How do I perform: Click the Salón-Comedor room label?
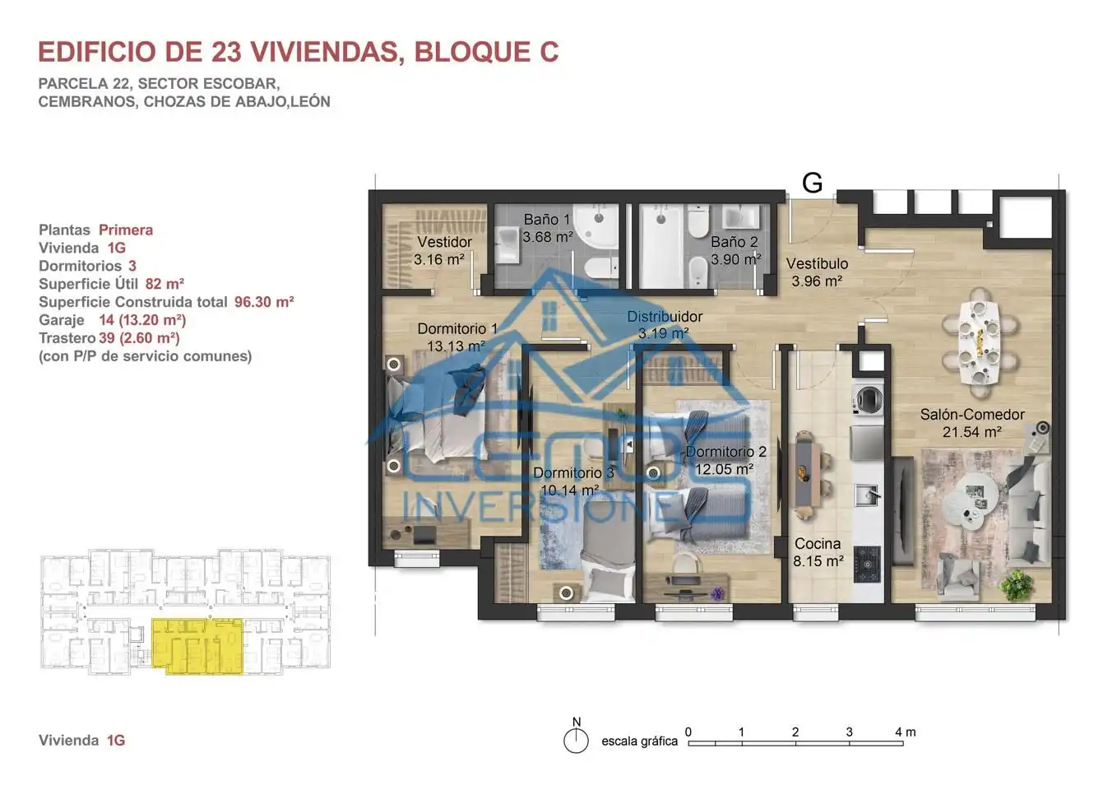point(972,415)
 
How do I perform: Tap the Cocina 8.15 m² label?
point(818,552)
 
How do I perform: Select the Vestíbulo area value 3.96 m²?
point(817,281)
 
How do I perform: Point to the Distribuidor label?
point(665,316)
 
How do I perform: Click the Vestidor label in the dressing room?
point(444,242)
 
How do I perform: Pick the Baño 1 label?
point(546,220)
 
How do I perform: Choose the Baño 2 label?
point(734,242)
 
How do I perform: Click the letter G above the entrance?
point(812,183)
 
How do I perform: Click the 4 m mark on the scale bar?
point(905,732)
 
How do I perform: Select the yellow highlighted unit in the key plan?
point(197,646)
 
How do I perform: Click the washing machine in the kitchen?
point(868,399)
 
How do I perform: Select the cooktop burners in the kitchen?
point(867,565)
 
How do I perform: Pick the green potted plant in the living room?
point(1017,585)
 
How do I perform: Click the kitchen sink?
point(868,495)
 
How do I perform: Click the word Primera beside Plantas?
point(126,230)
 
